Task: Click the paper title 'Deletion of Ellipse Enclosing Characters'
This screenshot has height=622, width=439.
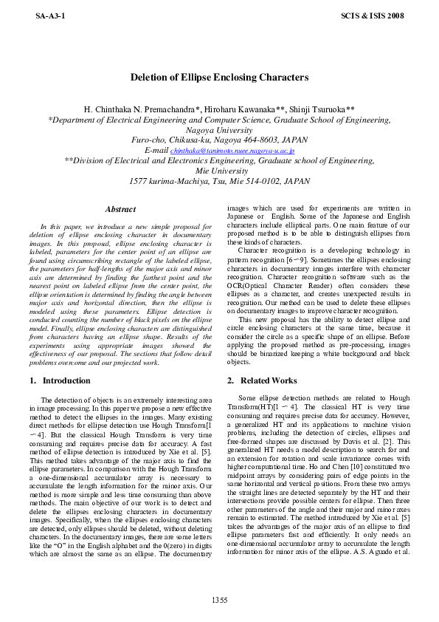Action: tap(219, 77)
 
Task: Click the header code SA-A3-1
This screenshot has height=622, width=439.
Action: tap(49, 15)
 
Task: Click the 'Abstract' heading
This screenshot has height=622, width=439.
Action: tap(120, 210)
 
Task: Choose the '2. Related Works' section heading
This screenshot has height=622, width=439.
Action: tap(262, 380)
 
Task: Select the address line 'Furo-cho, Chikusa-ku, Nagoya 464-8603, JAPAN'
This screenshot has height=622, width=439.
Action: tap(219, 140)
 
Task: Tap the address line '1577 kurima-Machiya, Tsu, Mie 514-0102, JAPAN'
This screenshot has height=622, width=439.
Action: tap(219, 180)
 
